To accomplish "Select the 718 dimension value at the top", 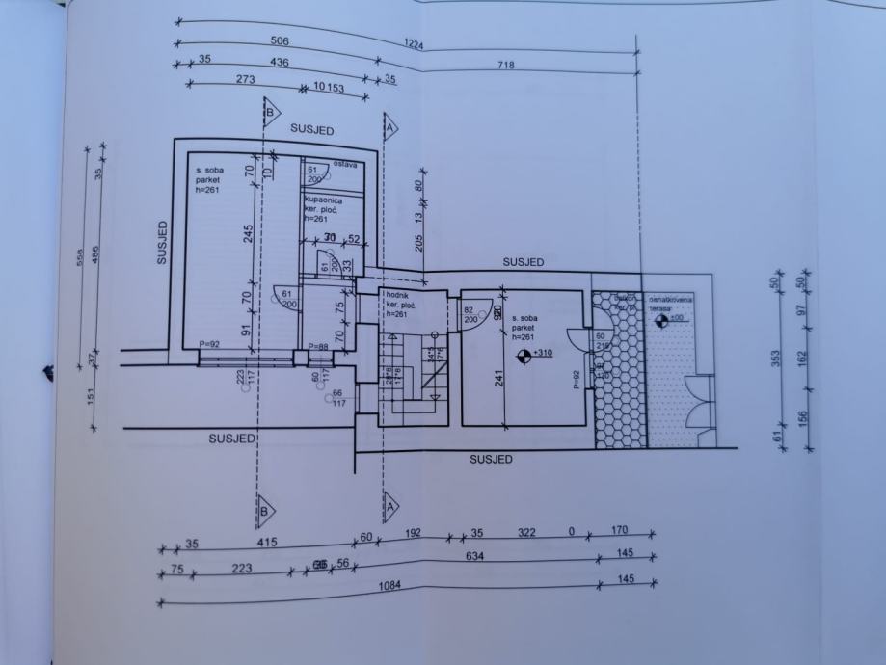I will (x=506, y=66).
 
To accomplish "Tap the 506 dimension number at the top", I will (x=280, y=41).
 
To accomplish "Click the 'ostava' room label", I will (x=345, y=165).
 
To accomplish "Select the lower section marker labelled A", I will (x=390, y=502).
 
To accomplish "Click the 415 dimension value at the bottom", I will (x=267, y=543).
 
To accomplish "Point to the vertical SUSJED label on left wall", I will (x=164, y=241).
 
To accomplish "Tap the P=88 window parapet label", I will (x=316, y=346).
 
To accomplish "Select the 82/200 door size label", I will (x=470, y=314).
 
